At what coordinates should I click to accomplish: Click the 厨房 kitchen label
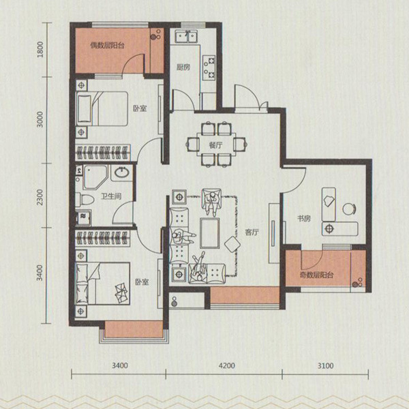(x=183, y=67)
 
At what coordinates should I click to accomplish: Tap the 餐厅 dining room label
(x=215, y=145)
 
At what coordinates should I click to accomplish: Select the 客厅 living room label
(x=252, y=232)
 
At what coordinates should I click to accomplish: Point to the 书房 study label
(x=304, y=218)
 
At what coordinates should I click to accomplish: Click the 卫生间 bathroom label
(x=111, y=196)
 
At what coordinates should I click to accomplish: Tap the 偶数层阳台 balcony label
(x=107, y=46)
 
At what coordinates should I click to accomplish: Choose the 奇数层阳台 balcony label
(x=316, y=275)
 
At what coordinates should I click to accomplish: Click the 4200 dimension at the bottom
(x=227, y=365)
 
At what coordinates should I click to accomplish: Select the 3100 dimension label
(x=326, y=365)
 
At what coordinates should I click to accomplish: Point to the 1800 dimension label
(x=40, y=50)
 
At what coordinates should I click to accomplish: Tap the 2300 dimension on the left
(x=40, y=197)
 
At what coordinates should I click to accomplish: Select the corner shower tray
(x=95, y=177)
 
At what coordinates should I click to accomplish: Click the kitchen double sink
(x=186, y=37)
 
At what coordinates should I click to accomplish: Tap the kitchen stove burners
(x=209, y=67)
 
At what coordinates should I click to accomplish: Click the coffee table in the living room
(x=210, y=233)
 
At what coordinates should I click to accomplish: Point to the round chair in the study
(x=349, y=209)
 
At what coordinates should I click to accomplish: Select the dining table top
(x=216, y=145)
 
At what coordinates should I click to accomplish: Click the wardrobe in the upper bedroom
(x=103, y=153)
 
